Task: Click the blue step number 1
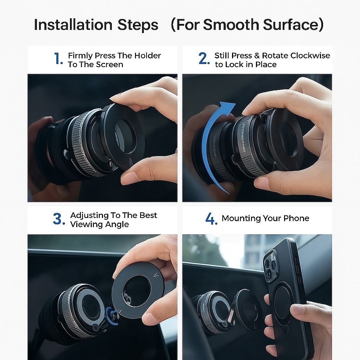click(x=58, y=59)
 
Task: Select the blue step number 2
click(x=204, y=59)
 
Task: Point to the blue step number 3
click(x=58, y=219)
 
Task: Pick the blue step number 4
click(x=211, y=219)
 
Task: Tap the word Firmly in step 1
click(x=81, y=56)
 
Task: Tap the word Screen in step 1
click(x=110, y=65)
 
